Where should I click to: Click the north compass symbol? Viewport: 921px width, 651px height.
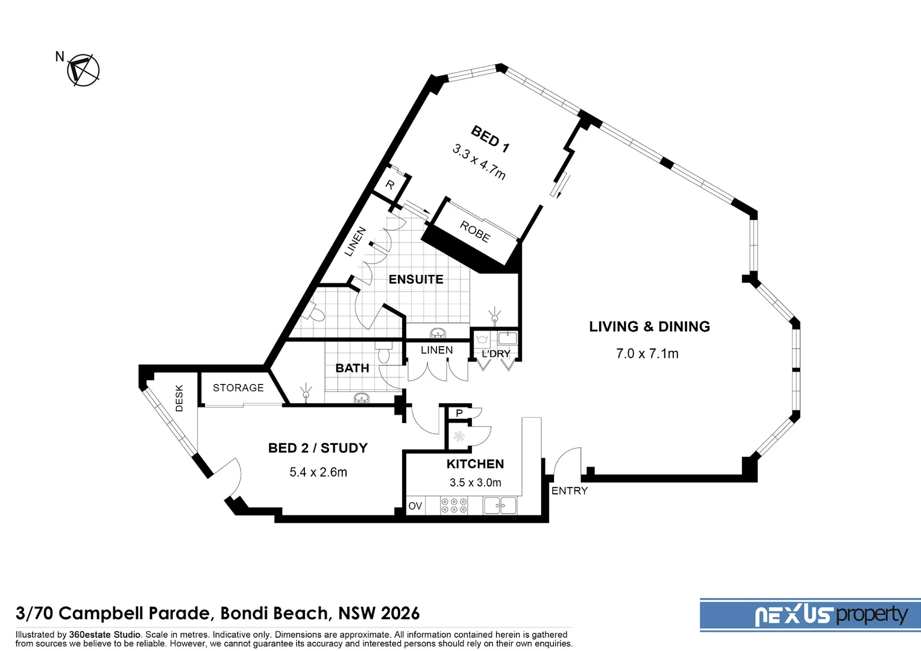(83, 70)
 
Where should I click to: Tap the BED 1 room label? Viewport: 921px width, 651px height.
(490, 139)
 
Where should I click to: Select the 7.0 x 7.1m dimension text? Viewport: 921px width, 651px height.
(647, 354)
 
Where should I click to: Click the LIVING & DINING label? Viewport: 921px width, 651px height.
(649, 327)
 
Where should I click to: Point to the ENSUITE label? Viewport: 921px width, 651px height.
(416, 279)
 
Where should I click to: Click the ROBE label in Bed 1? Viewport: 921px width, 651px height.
(475, 231)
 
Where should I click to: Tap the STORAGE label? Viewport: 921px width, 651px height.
(238, 388)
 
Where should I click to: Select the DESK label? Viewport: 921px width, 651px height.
(179, 398)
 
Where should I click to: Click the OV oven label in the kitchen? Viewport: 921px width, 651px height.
(415, 506)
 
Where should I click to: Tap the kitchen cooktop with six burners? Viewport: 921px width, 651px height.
(454, 505)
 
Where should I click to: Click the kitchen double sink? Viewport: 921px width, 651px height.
(500, 505)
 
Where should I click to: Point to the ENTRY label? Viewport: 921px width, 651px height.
(569, 491)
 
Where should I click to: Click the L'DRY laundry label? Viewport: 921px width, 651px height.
(495, 354)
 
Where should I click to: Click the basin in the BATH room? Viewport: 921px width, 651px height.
(361, 397)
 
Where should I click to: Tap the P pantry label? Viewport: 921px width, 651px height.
(459, 414)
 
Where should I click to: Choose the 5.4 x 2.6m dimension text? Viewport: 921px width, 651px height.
(318, 472)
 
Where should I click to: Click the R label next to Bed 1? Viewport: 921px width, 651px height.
(390, 185)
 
